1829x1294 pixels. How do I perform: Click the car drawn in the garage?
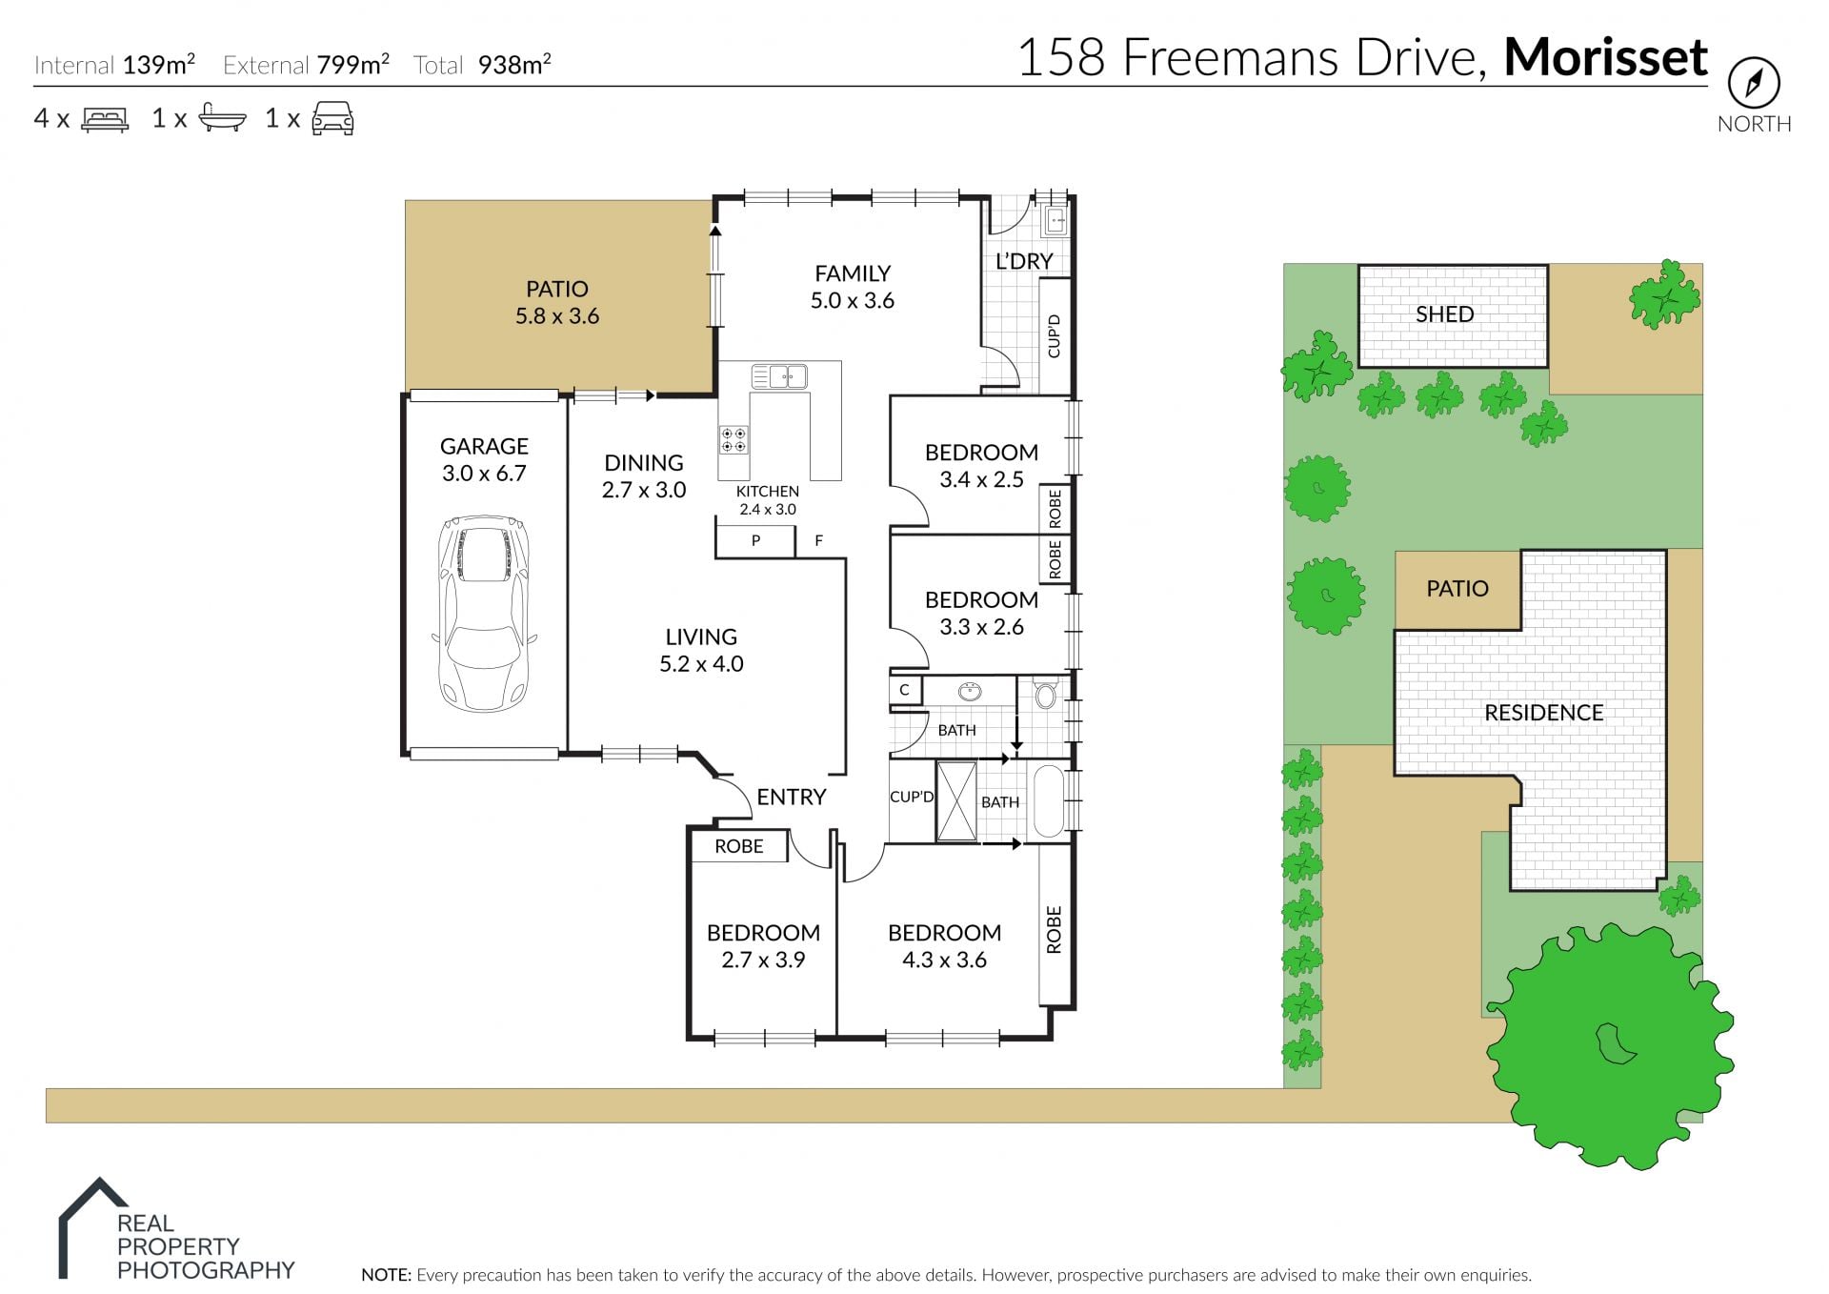pos(484,614)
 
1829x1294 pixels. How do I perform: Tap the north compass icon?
pos(1754,83)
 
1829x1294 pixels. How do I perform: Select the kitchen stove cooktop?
pos(734,439)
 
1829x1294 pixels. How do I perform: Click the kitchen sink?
pos(779,376)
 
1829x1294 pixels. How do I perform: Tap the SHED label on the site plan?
pos(1444,314)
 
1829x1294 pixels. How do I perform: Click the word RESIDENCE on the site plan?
pos(1543,713)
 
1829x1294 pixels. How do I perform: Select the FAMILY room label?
pos(853,273)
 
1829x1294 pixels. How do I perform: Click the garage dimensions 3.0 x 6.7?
pos(484,474)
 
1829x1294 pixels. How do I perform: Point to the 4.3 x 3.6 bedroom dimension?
pos(944,960)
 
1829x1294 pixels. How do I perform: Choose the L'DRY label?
pos(1024,261)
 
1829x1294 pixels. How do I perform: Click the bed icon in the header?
pos(105,119)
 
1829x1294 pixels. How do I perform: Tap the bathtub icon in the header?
pos(222,117)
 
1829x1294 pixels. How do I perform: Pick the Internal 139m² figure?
pos(114,65)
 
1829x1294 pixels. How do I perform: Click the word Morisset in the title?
pos(1605,57)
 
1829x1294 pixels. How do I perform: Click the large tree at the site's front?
pos(1610,1045)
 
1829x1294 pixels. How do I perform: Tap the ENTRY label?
pos(791,797)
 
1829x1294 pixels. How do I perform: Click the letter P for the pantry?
pos(755,540)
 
